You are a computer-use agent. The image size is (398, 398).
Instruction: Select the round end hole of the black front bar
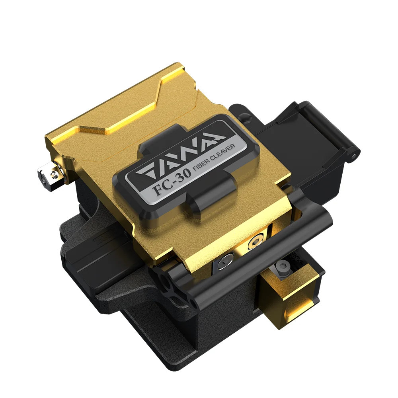click(x=193, y=305)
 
